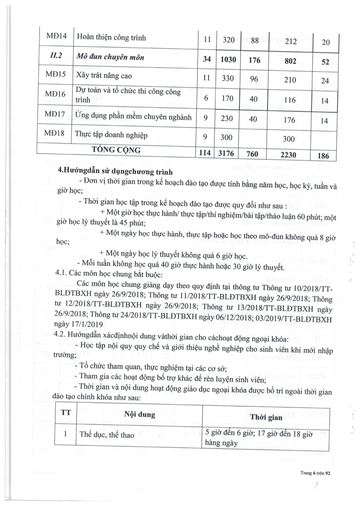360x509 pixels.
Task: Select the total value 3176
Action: pos(226,153)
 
